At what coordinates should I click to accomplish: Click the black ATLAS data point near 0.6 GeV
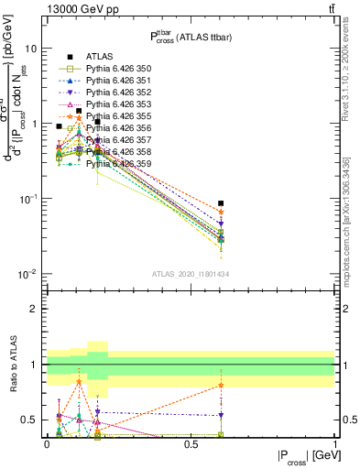(220, 203)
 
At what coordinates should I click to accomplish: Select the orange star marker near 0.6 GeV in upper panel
(220, 212)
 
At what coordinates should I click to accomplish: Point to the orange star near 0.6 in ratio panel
(220, 385)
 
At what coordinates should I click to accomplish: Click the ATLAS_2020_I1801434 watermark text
(190, 274)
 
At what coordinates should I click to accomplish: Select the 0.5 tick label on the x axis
(191, 444)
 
